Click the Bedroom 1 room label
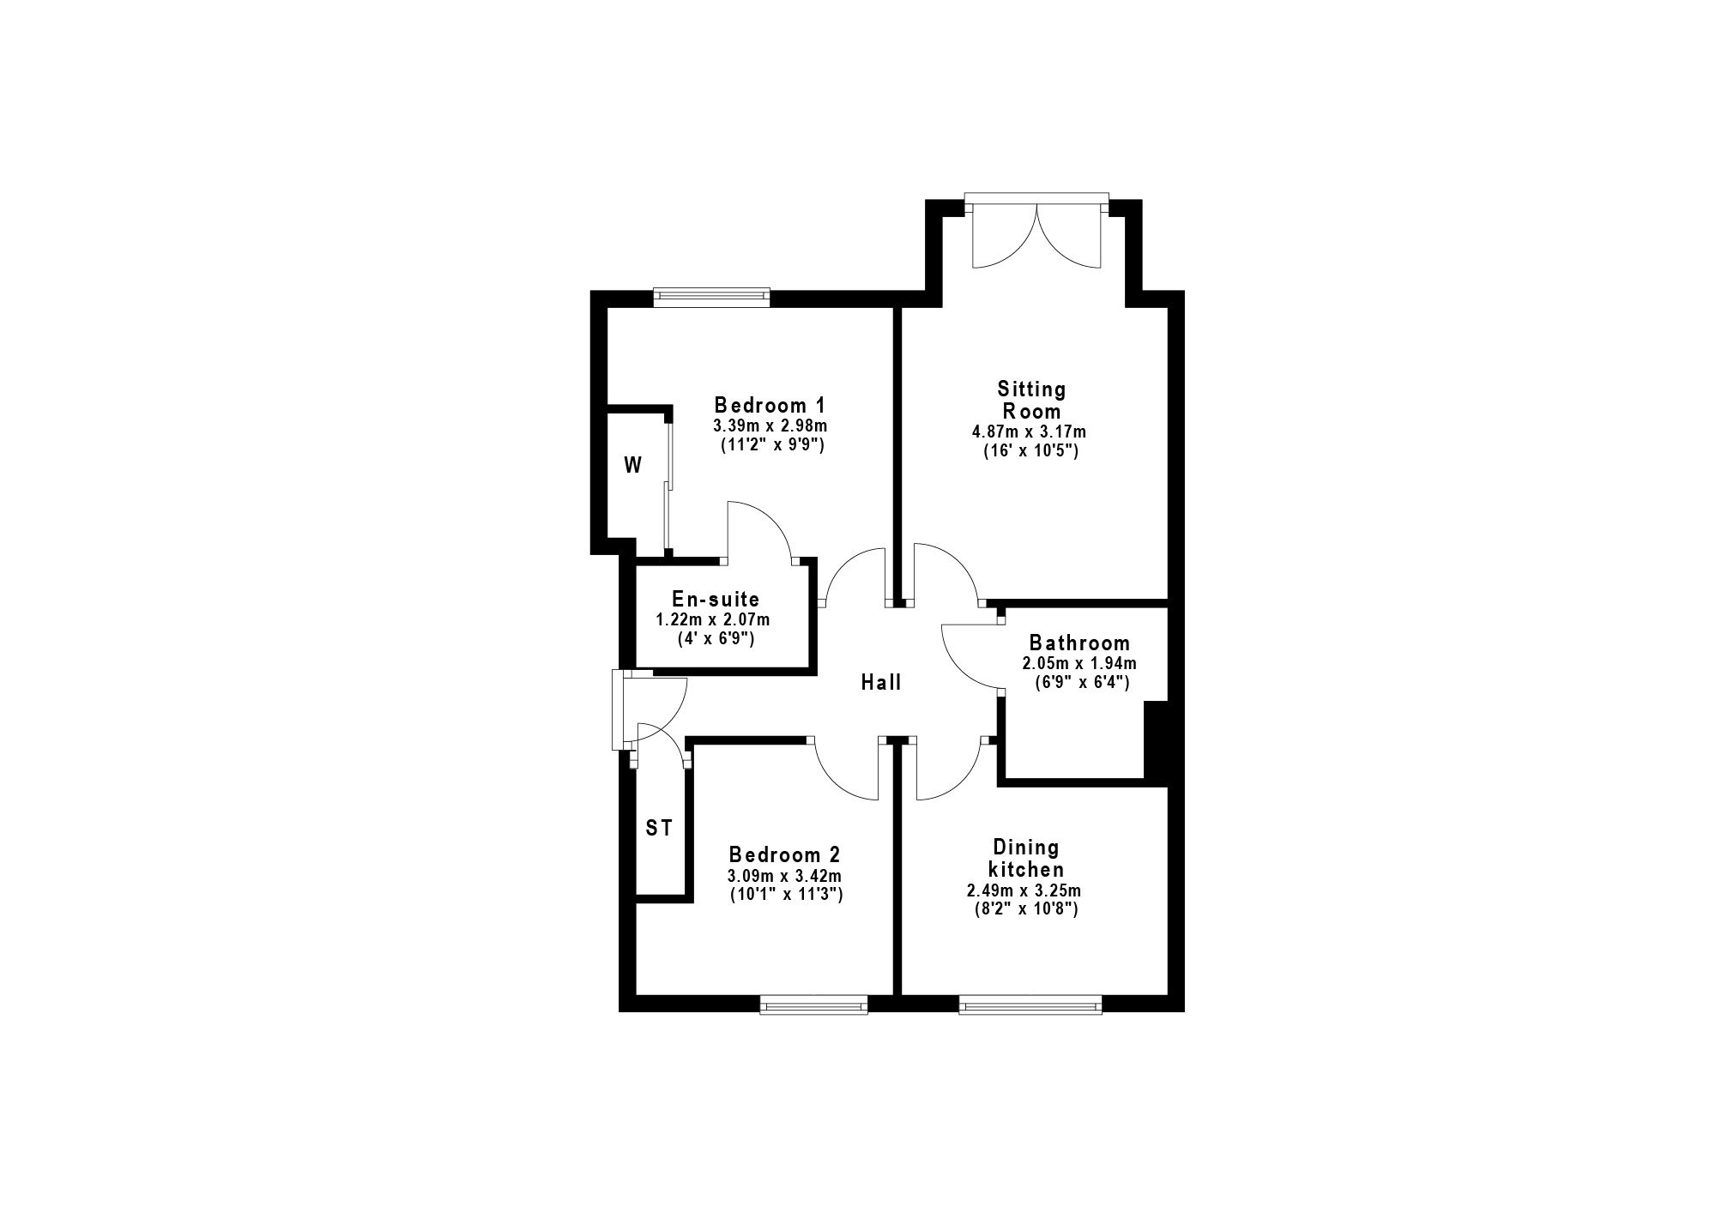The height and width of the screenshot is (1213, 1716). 770,404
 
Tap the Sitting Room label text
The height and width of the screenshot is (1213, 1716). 1031,400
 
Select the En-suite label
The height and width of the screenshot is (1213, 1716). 716,599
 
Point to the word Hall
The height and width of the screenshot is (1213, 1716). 881,682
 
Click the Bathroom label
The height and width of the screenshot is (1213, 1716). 1079,643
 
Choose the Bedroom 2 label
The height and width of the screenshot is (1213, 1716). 784,854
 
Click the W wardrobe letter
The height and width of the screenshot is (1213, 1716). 632,466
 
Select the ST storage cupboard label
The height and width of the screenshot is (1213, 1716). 658,829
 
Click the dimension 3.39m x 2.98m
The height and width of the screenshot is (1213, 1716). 770,425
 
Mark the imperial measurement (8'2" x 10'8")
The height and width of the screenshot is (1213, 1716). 1022,908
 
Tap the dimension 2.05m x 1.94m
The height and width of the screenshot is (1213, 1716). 1079,663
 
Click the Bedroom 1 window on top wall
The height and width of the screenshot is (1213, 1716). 711,298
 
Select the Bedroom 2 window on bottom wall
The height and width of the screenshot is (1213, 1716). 813,1004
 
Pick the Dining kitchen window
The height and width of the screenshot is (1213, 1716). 1030,1004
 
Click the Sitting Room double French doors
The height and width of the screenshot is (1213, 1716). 1036,232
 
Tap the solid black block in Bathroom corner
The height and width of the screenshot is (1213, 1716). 1157,741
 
